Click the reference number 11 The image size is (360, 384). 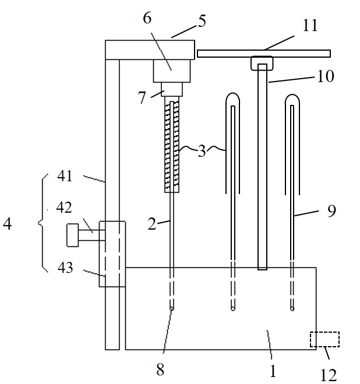coord(310,25)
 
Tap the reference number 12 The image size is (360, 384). coord(329,375)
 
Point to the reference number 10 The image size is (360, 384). coord(326,76)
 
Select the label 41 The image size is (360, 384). coord(65,176)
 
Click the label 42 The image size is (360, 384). coord(64,207)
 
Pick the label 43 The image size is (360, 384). coord(65,267)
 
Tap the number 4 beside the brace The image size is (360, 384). coord(7,224)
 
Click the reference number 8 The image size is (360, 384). coord(160,369)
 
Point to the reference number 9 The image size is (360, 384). coord(332,210)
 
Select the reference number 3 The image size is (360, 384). coord(202,151)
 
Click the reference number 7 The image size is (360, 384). coord(142,97)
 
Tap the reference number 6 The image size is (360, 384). coord(147,18)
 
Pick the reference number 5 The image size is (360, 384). coord(202,21)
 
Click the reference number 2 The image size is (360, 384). coord(152,224)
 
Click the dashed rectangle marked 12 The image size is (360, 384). coord(324,339)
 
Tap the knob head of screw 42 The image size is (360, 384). coord(73,235)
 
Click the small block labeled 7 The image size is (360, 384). coord(172,89)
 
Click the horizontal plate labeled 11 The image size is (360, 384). coord(264,54)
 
